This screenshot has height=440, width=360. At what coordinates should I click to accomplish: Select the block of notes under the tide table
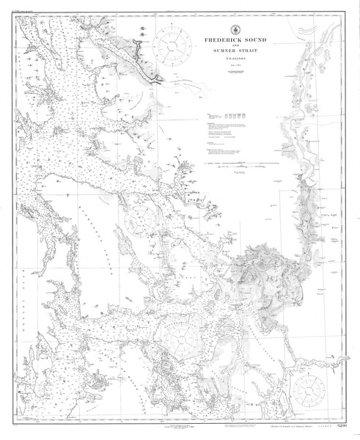(227, 136)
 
